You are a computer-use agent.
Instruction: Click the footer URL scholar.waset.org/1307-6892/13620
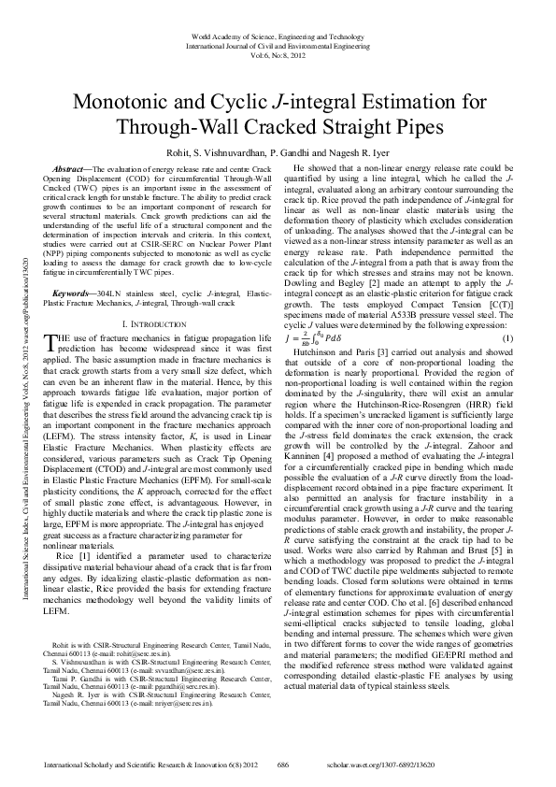pos(452,764)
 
